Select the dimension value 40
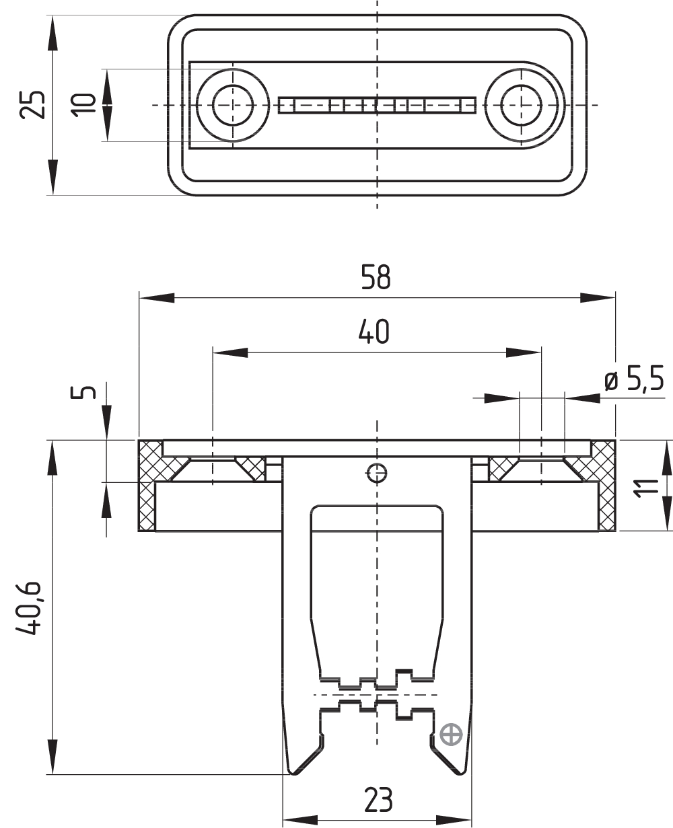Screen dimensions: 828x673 pyautogui.click(x=374, y=332)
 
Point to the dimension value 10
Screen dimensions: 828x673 pyautogui.click(x=83, y=105)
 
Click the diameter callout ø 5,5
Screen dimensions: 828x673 pyautogui.click(x=635, y=381)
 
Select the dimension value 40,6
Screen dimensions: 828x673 pyautogui.click(x=31, y=608)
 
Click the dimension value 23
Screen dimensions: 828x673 pyautogui.click(x=378, y=800)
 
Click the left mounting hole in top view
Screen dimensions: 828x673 pyautogui.click(x=233, y=105)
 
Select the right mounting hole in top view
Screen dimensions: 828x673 pyautogui.click(x=521, y=105)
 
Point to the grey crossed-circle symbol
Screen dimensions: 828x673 pyautogui.click(x=450, y=735)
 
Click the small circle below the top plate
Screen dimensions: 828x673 pyautogui.click(x=378, y=474)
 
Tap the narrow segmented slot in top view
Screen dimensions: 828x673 pyautogui.click(x=377, y=105)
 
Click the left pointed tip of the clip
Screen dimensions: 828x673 pyautogui.click(x=294, y=771)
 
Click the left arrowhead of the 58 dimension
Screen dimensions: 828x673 pyautogui.click(x=155, y=297)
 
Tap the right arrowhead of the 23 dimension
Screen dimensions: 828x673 pyautogui.click(x=455, y=820)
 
